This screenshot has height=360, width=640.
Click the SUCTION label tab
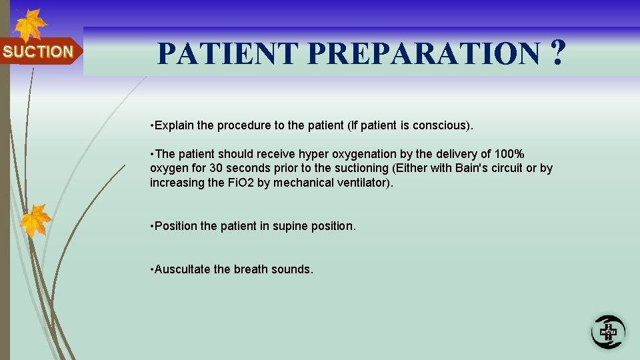[39, 51]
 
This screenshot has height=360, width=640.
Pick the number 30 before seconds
[216, 169]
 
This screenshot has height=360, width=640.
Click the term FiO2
[237, 183]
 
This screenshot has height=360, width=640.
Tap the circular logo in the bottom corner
[608, 331]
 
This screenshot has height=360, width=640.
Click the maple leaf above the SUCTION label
[29, 25]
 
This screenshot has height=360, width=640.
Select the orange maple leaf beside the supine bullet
[35, 221]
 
